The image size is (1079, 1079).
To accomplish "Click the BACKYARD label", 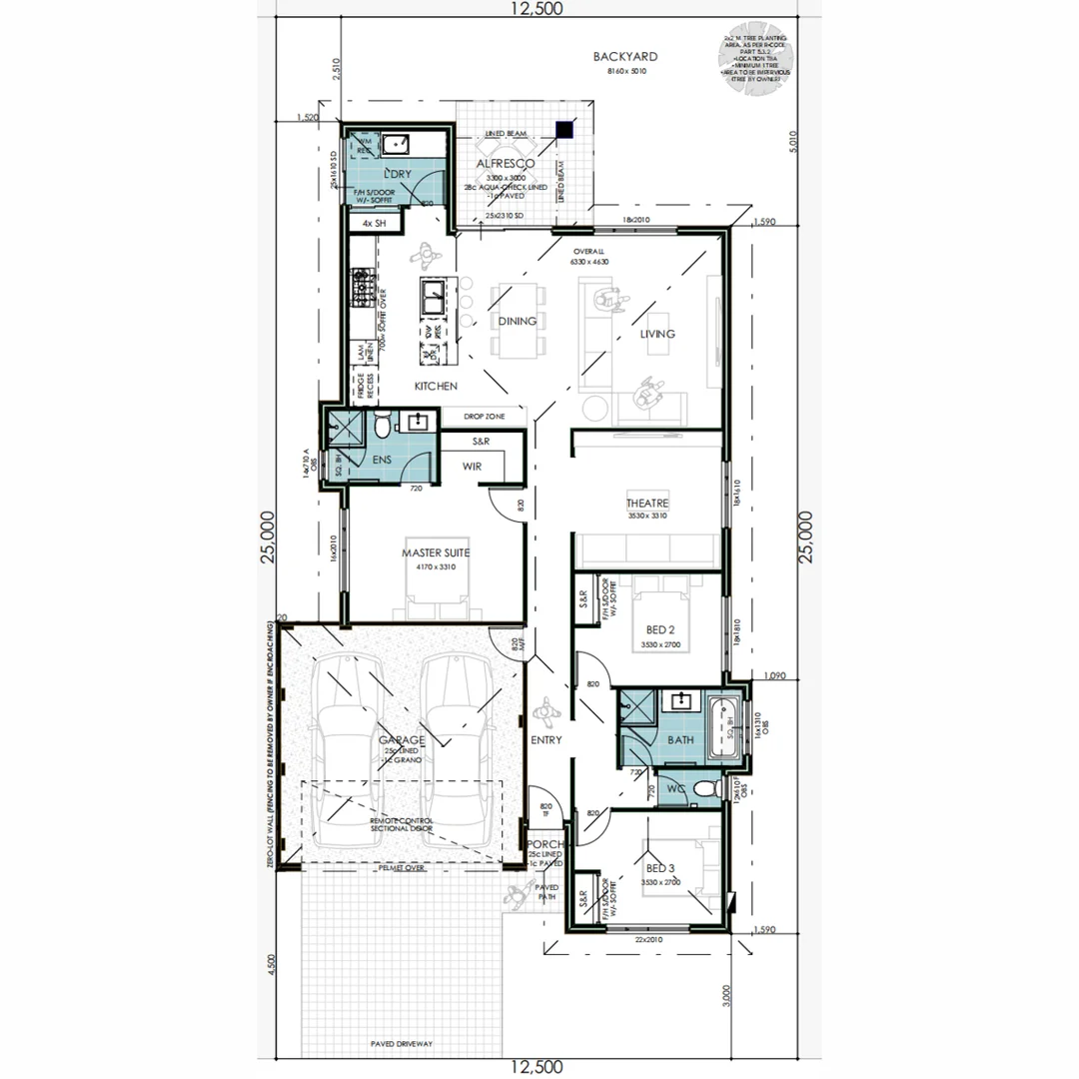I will [625, 58].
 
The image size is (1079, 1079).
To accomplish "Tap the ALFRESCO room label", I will [506, 163].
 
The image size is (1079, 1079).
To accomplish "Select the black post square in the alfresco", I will [565, 129].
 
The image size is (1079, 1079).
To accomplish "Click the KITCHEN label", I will [437, 386].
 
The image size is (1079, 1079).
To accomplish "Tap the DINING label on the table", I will [518, 322].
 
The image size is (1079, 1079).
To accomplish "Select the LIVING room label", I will [657, 334].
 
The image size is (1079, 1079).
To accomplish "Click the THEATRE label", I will [646, 504].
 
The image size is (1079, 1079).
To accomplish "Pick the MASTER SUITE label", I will [436, 551].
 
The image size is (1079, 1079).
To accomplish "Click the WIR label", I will [473, 466].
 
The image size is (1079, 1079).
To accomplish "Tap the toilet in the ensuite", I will [381, 428].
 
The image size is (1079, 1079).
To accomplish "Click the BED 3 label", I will [658, 870].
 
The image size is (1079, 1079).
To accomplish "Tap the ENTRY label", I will [546, 740].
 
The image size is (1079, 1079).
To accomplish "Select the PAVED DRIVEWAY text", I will [401, 1043].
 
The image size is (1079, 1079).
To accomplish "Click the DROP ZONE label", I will [484, 416].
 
